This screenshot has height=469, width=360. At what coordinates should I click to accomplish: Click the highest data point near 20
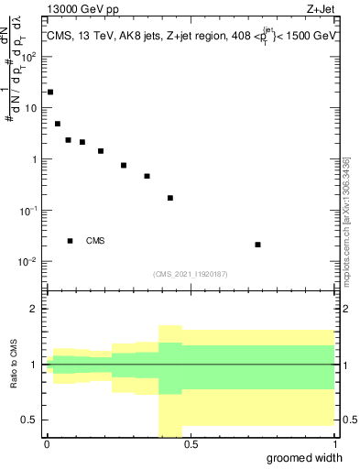click(50, 93)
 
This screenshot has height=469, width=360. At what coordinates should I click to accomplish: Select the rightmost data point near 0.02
click(258, 245)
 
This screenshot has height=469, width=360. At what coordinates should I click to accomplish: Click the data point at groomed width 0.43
click(170, 198)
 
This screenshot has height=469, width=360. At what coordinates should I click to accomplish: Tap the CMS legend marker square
click(70, 241)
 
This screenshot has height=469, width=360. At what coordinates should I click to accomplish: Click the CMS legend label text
click(95, 241)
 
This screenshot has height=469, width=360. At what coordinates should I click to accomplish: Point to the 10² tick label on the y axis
click(28, 55)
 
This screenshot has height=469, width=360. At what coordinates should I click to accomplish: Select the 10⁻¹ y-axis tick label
click(28, 211)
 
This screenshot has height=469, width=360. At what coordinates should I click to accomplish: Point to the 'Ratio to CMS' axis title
click(14, 365)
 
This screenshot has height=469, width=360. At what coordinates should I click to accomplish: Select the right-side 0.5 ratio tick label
click(348, 420)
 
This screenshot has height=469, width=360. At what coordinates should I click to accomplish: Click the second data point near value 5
click(58, 124)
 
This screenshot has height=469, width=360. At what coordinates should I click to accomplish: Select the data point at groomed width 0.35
click(147, 176)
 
